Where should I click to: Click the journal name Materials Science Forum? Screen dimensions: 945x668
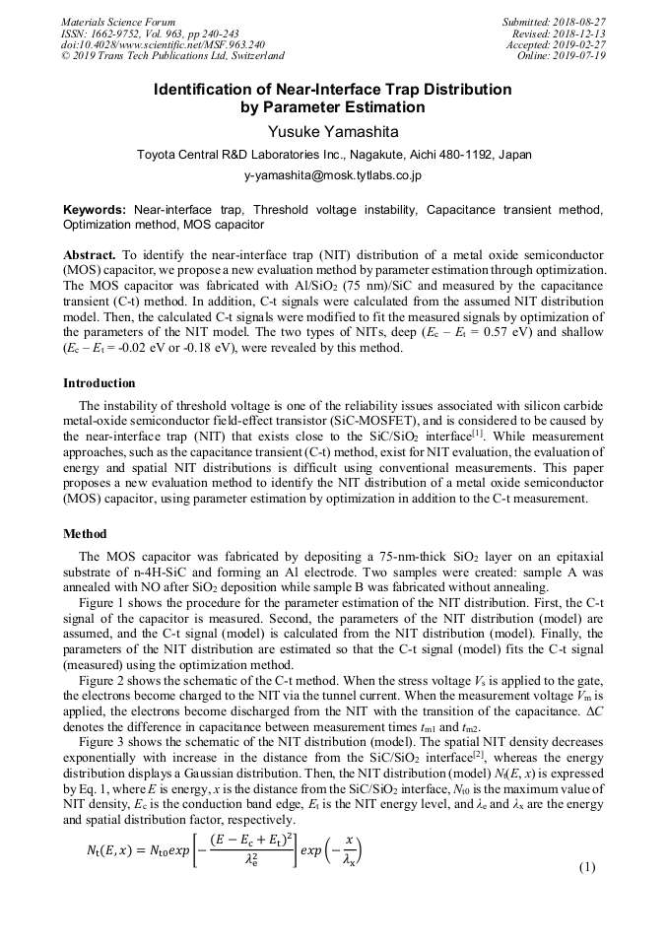118,22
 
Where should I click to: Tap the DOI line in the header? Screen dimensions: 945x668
162,45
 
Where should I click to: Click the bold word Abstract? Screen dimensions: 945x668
89,253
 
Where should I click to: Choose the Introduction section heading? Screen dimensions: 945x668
100,383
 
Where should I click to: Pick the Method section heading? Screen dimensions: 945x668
85,534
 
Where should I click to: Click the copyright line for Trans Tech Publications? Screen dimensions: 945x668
172,56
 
